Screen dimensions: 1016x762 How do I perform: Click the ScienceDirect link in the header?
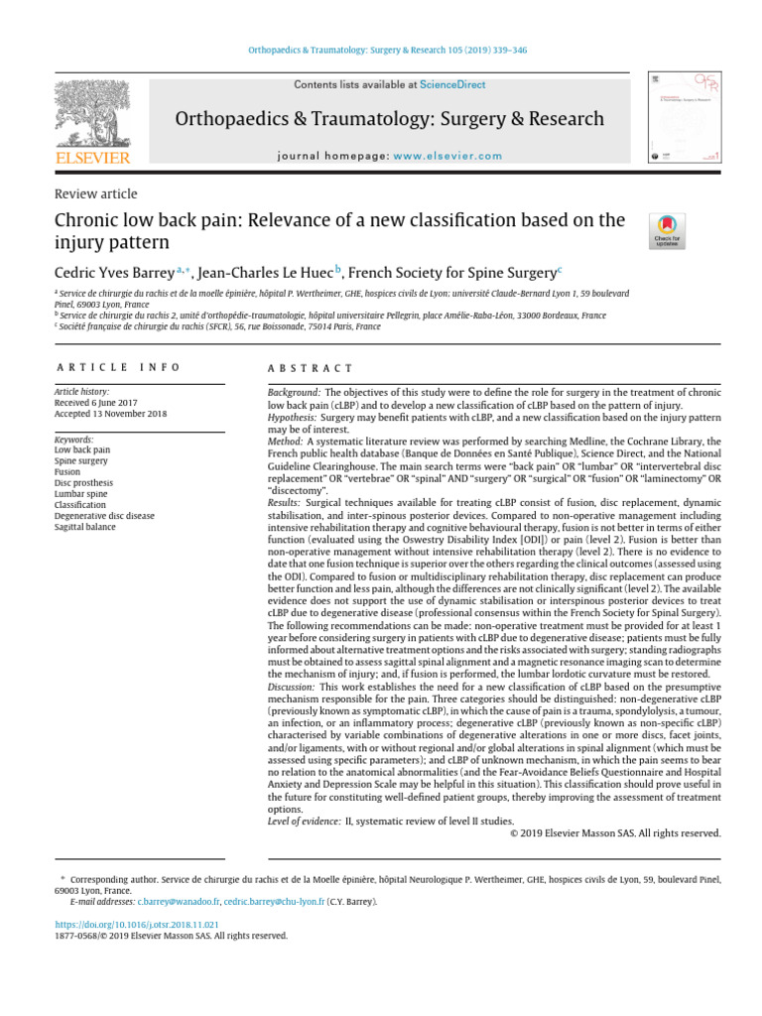pos(452,85)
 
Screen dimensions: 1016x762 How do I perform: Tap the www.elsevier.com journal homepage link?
pos(446,156)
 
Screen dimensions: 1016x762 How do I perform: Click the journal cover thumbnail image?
pos(684,117)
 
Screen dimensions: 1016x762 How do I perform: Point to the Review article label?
pos(95,194)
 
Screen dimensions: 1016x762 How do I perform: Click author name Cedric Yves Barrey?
pos(112,271)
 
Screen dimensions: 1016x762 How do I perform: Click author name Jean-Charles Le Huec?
pos(264,271)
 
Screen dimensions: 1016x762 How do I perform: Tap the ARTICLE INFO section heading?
pos(117,367)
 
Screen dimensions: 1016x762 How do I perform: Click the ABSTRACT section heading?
pos(310,367)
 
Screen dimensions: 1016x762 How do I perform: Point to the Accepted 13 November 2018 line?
pos(111,414)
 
